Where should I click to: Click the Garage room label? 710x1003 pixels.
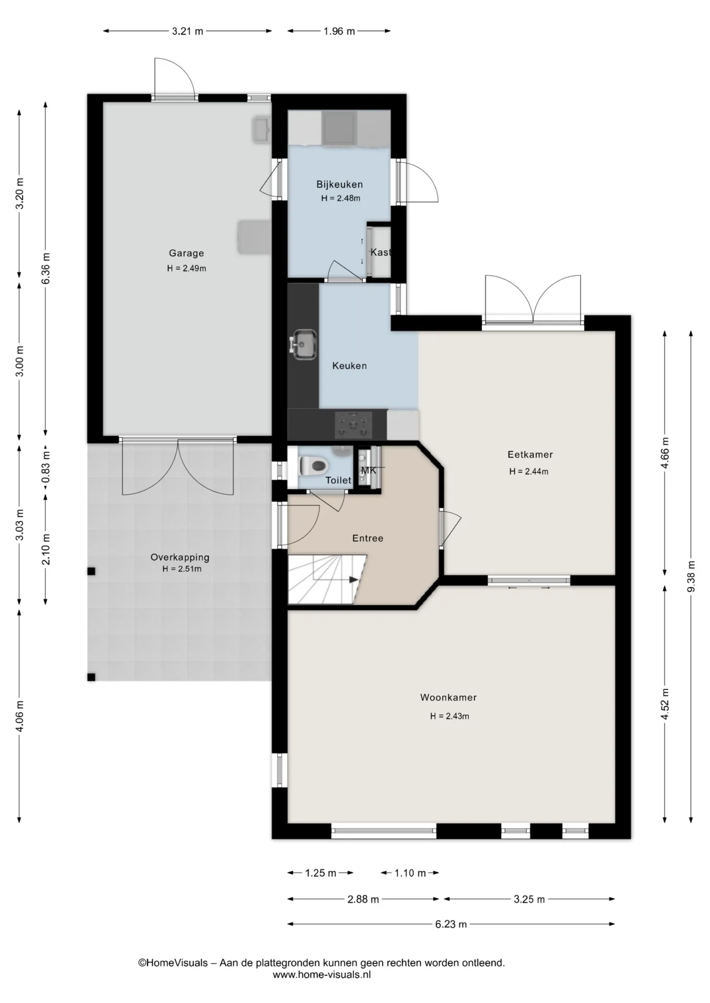point(186,253)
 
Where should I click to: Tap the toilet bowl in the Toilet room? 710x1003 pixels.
point(313,464)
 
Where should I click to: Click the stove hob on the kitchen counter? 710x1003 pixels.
point(353,425)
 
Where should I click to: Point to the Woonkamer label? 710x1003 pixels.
point(448,697)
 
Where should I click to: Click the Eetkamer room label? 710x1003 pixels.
point(530,454)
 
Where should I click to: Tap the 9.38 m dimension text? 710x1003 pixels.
point(691,576)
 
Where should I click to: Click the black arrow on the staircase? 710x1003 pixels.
point(353,579)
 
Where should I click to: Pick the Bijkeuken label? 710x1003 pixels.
point(339,184)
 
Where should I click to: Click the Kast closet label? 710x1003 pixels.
point(381,252)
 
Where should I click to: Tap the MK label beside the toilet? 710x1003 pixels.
point(369,471)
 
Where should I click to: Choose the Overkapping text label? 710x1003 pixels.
point(180,557)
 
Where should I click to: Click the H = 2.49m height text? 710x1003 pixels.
point(187,269)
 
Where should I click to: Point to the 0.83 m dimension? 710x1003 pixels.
point(46,466)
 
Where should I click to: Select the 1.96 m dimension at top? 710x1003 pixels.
point(339,31)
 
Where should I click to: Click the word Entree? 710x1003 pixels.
point(368,538)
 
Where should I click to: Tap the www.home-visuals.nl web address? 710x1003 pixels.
point(322,974)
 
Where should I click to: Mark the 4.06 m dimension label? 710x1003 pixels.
point(20,716)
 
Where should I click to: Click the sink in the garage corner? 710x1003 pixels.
point(261,130)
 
